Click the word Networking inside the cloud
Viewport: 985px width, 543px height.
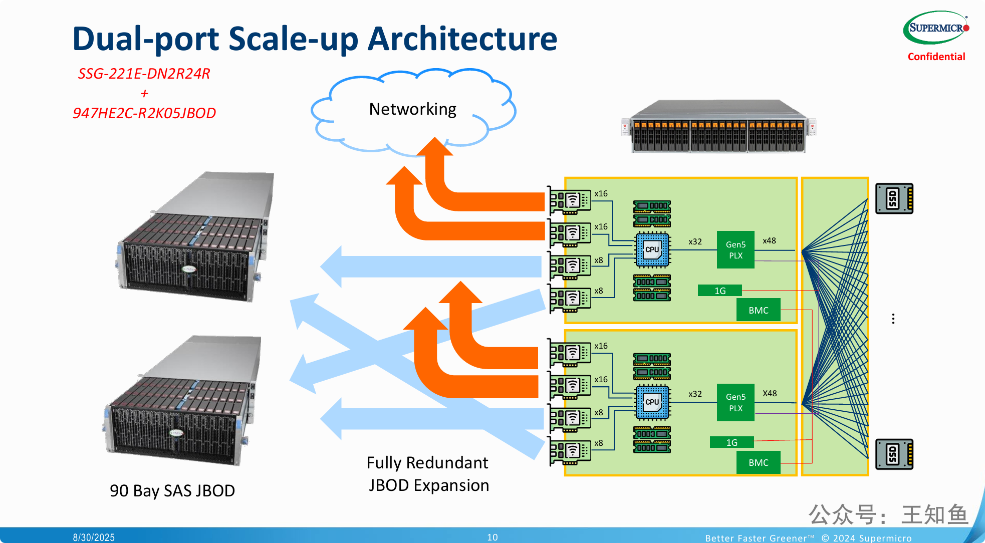(412, 109)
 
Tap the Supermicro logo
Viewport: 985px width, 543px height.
(935, 28)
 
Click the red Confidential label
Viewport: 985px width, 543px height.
(936, 57)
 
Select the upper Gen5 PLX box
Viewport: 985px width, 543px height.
(735, 249)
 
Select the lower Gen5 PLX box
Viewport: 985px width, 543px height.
(735, 402)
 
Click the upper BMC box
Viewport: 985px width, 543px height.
(758, 310)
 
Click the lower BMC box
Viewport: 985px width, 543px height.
(758, 462)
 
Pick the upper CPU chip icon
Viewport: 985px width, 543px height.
(652, 249)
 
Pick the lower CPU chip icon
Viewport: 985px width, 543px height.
(652, 402)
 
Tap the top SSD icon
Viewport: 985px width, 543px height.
(894, 199)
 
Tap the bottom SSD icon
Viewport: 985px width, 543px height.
(894, 454)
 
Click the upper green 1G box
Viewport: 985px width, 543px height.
(719, 291)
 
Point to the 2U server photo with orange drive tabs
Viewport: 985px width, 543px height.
(718, 127)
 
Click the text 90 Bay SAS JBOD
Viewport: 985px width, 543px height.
(172, 490)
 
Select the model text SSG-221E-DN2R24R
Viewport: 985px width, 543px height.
(144, 74)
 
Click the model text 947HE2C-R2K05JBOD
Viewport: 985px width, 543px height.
(144, 113)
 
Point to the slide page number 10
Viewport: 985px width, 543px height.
(492, 537)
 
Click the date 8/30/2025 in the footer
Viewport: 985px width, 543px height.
(94, 537)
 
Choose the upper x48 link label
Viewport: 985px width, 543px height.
(769, 241)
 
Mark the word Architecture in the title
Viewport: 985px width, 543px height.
(462, 39)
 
